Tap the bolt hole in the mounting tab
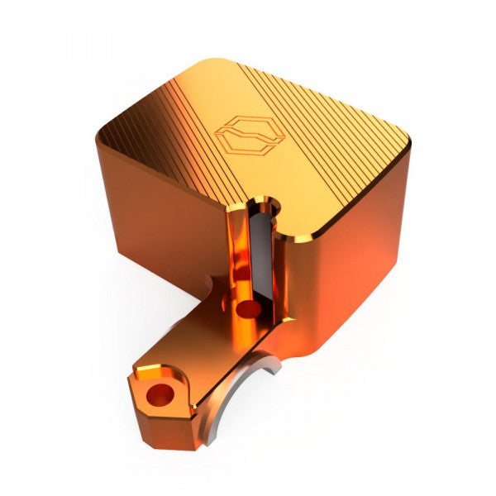pos(158,393)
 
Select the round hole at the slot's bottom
pos(247,309)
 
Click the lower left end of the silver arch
pos(198,442)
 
